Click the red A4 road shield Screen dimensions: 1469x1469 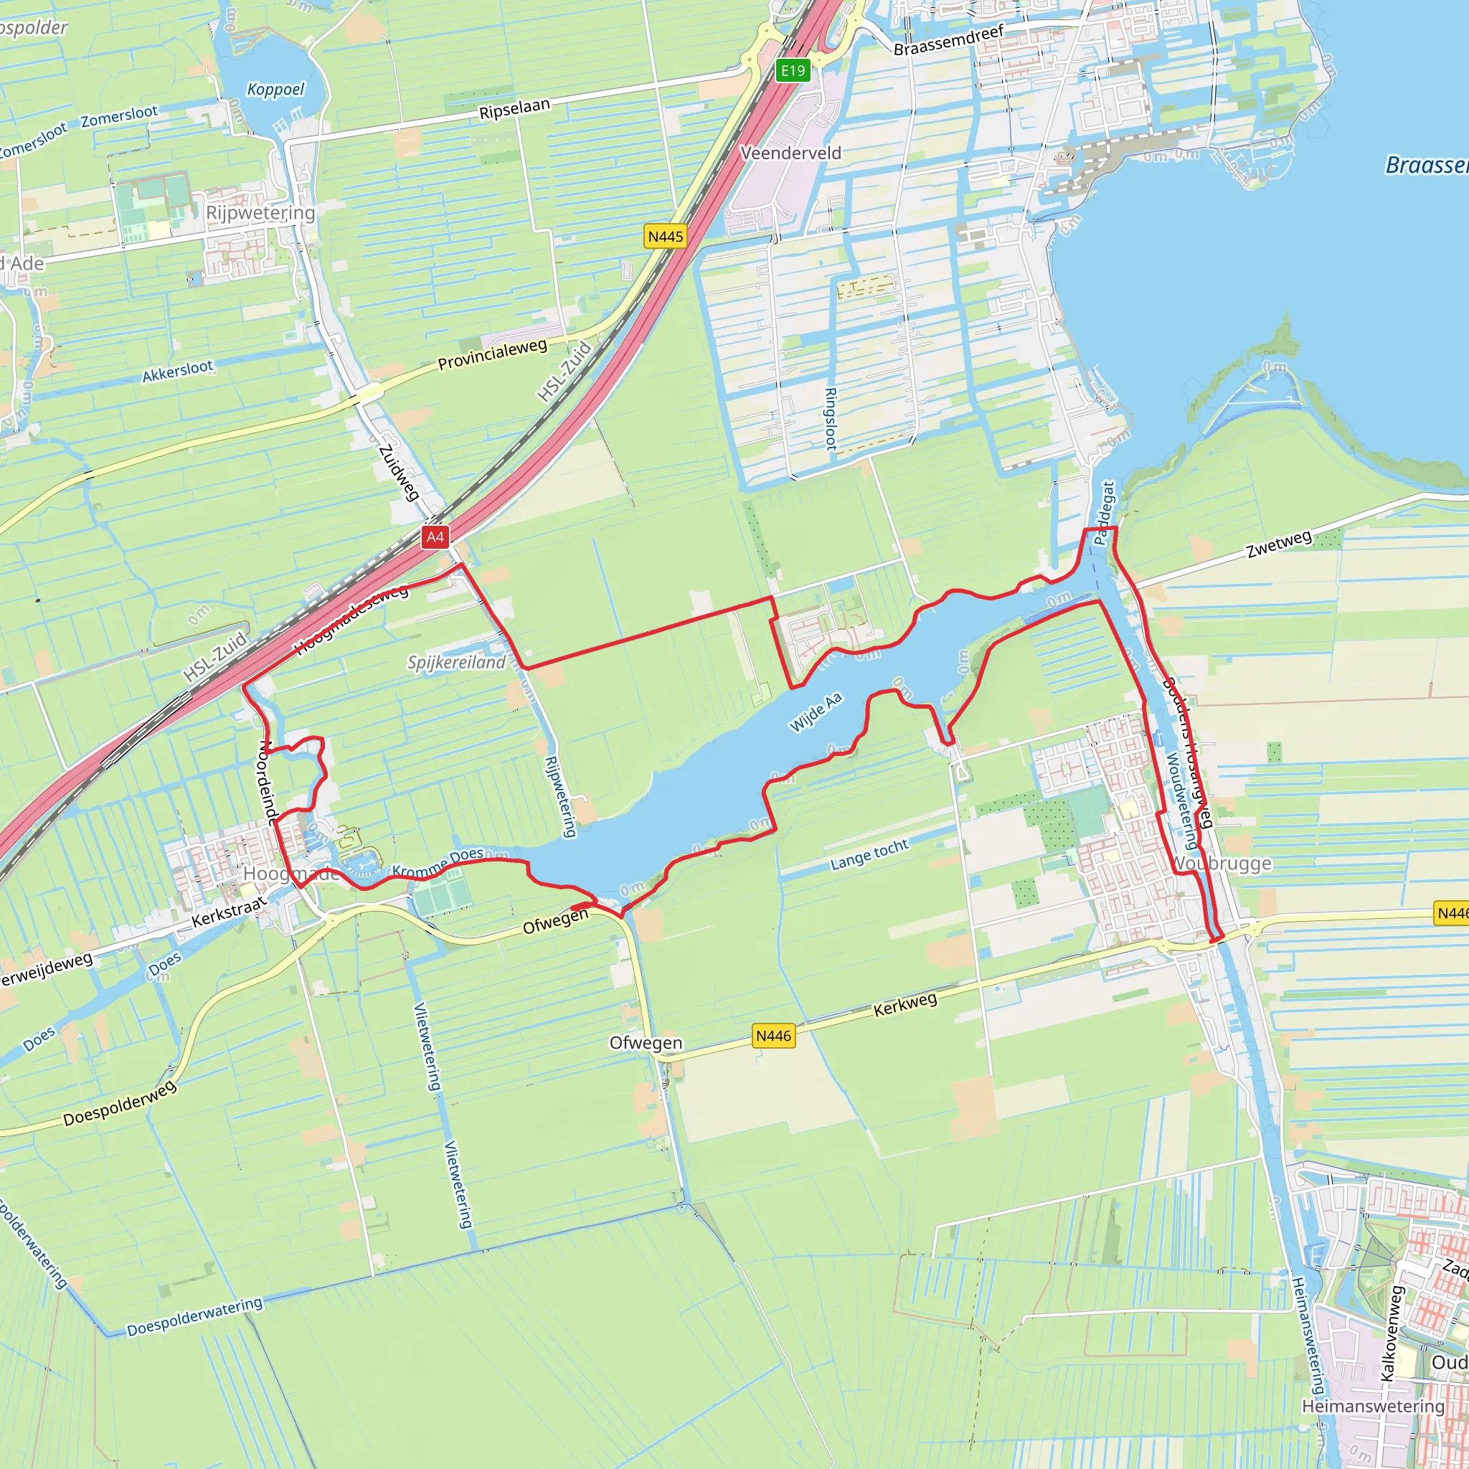(435, 537)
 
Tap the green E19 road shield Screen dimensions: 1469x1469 (793, 71)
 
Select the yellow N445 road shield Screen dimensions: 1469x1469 (666, 237)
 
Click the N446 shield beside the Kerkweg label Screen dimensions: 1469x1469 (774, 1036)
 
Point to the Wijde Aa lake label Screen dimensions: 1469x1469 (815, 712)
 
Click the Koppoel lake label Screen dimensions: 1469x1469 (275, 90)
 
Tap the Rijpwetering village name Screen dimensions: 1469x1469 (260, 213)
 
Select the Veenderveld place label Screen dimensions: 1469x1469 (790, 153)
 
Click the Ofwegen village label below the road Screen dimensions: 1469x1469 (646, 1042)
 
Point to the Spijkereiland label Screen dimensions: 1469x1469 (456, 662)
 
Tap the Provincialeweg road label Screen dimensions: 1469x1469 (492, 355)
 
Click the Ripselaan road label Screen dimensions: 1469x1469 (514, 110)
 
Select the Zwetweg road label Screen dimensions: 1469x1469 (1279, 544)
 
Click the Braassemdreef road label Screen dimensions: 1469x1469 (948, 39)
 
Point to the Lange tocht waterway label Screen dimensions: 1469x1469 (869, 854)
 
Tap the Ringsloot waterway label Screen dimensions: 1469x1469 (831, 419)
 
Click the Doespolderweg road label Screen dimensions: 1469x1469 (120, 1102)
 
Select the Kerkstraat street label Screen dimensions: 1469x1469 (229, 912)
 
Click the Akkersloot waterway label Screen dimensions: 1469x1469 (178, 371)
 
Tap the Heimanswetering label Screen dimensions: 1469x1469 (1372, 1406)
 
